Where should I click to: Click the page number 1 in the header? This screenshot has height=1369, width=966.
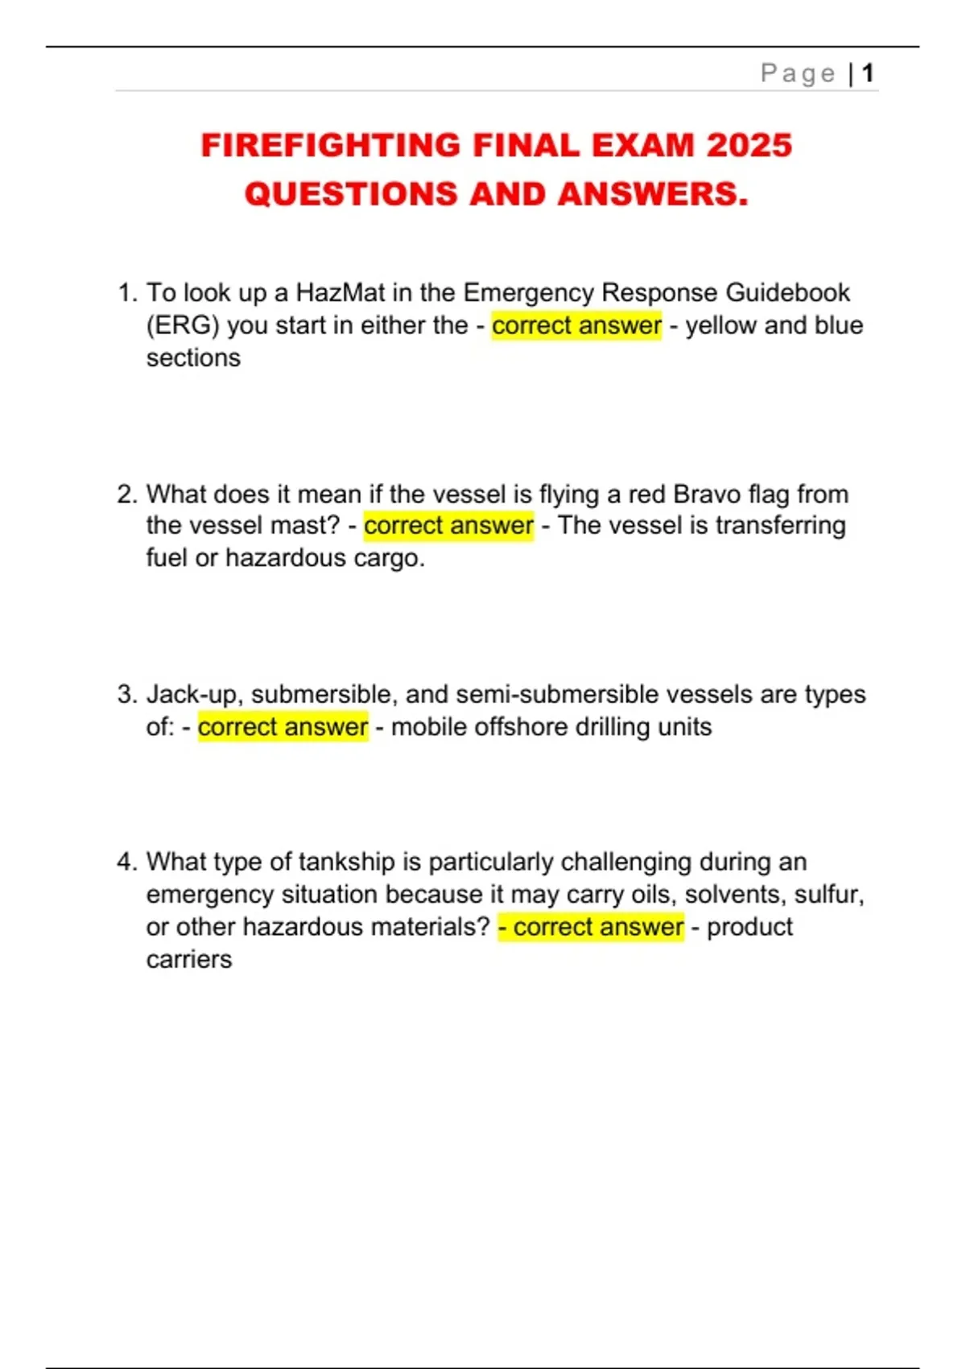click(868, 73)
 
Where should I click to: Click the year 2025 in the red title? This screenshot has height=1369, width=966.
click(749, 146)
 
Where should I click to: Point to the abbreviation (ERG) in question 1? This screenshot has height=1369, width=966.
click(183, 325)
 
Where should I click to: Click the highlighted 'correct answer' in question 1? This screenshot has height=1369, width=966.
click(576, 325)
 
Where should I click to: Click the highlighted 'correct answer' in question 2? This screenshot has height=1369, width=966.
click(448, 526)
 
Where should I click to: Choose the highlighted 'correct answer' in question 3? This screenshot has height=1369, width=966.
click(283, 726)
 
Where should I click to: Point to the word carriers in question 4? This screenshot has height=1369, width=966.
click(189, 959)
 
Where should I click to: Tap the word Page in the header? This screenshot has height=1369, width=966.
click(798, 73)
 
